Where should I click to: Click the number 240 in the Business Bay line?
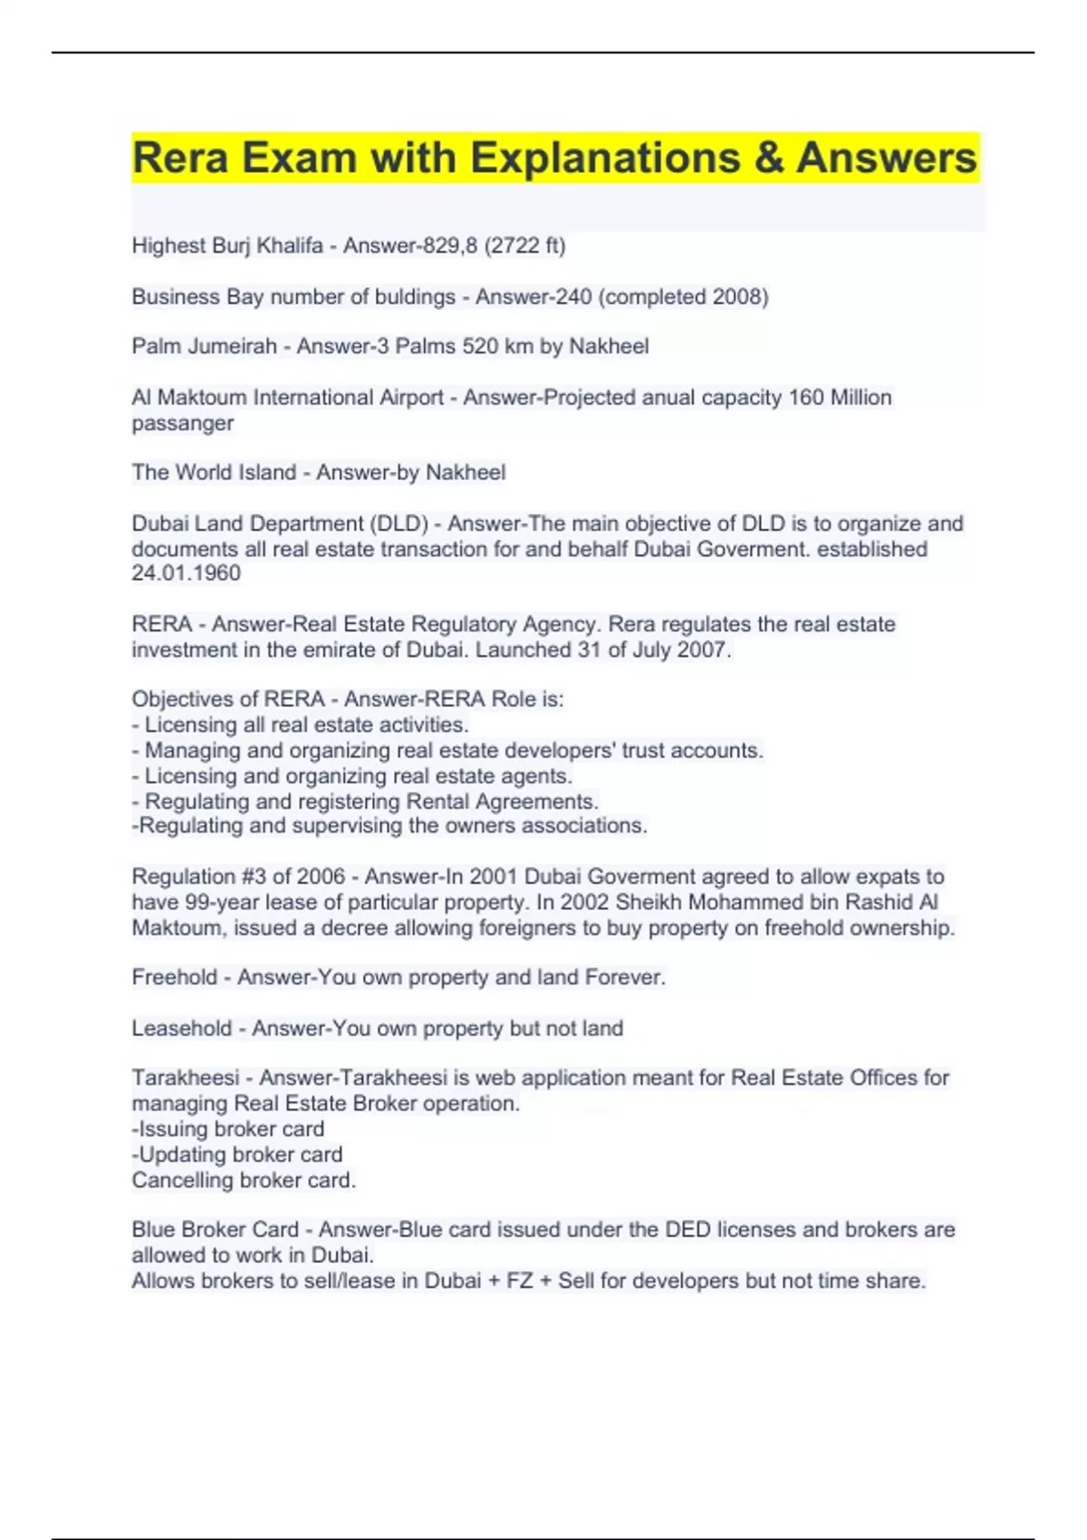574,297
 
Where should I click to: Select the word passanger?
182,423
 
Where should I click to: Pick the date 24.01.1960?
186,573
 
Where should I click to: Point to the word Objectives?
182,699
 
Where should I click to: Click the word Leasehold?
181,1028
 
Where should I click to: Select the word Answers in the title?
887,159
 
